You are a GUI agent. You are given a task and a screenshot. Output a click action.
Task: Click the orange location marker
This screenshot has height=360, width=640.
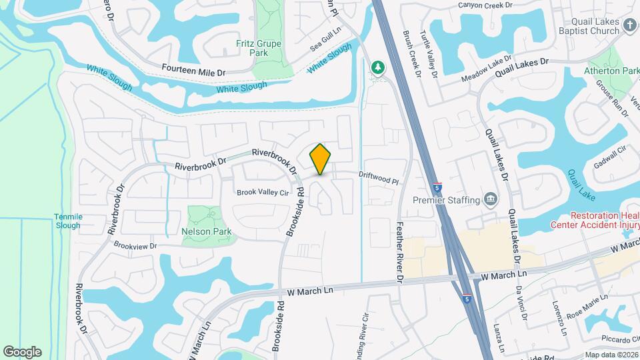(321, 159)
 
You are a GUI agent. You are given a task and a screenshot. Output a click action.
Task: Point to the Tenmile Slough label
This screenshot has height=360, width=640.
(67, 221)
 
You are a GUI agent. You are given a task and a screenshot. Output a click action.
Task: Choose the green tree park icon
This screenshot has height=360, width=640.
(377, 67)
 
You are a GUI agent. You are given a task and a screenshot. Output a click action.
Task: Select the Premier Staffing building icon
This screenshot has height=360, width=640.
(491, 199)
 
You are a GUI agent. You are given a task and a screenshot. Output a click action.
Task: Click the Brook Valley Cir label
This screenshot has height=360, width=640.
(263, 192)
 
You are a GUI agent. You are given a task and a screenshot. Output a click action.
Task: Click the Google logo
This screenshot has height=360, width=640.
(22, 351)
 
